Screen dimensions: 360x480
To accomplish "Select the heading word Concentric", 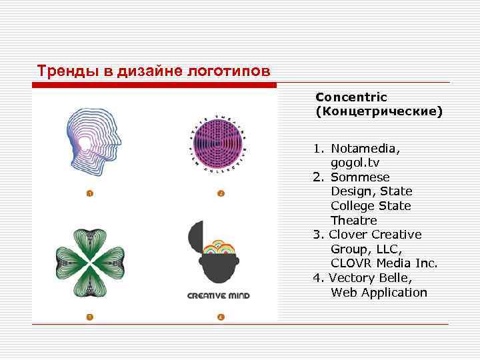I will pyautogui.click(x=351, y=97).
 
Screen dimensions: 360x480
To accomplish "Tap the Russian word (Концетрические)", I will pyautogui.click(x=379, y=111).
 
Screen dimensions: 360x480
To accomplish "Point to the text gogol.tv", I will pyautogui.click(x=356, y=163).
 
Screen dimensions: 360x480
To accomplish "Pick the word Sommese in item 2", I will pyautogui.click(x=360, y=177).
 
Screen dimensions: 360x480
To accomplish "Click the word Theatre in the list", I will pyautogui.click(x=354, y=220).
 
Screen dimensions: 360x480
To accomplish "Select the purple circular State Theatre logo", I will pyautogui.click(x=216, y=143).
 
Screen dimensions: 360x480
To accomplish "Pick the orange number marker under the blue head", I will pyautogui.click(x=89, y=193).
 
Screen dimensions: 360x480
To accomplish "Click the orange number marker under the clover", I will pyautogui.click(x=89, y=316).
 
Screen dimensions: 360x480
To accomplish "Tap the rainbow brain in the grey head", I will pyautogui.click(x=221, y=249).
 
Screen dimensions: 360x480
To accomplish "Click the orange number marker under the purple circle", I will pyautogui.click(x=221, y=193).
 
